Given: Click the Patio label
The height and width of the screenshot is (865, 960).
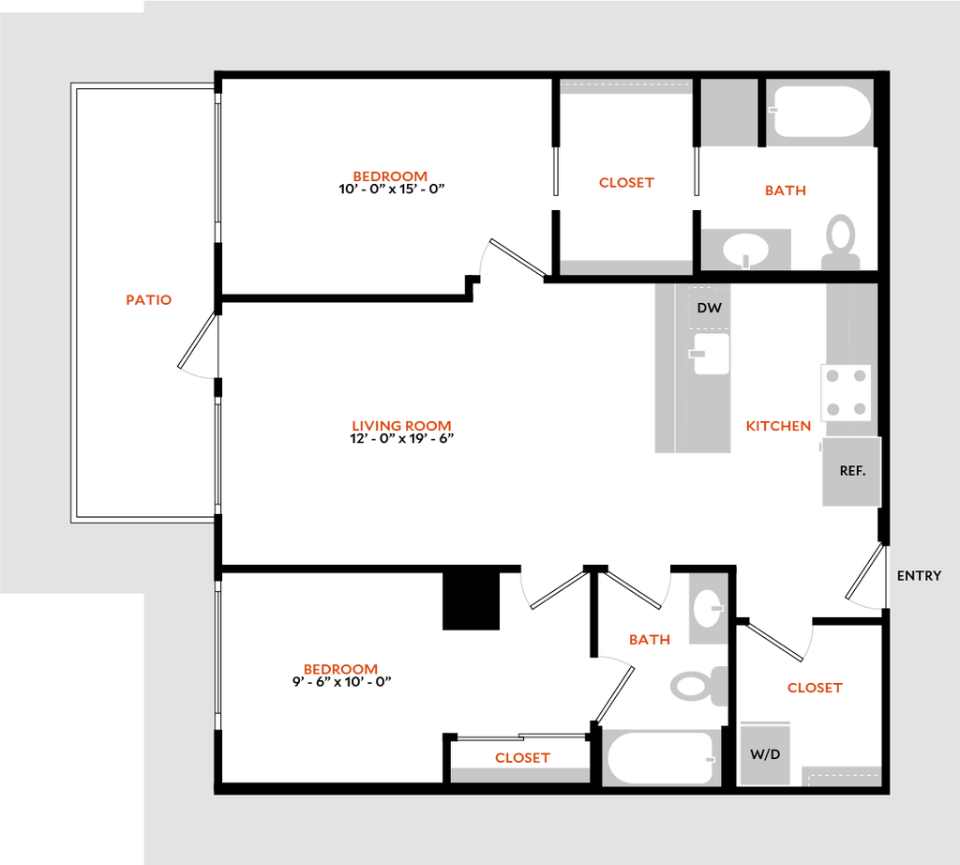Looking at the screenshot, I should tap(150, 300).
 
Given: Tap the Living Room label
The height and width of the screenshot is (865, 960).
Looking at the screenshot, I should tap(401, 426).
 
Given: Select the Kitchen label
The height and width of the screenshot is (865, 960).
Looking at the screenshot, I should tap(778, 426).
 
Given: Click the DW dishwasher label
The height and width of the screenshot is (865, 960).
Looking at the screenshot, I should tap(709, 308).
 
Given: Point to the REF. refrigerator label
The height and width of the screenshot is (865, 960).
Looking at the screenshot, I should tap(851, 471).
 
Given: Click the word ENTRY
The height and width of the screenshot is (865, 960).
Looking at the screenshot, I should tap(919, 576).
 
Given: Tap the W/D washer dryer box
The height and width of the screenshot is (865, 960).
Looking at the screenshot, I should tap(765, 752).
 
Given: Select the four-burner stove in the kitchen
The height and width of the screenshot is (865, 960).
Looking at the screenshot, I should tap(846, 392).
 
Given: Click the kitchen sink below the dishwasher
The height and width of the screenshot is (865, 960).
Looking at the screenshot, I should tap(711, 354).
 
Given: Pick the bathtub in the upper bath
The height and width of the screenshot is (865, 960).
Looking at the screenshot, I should tap(820, 113).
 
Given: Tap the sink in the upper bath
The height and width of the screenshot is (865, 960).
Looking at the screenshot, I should tap(746, 250).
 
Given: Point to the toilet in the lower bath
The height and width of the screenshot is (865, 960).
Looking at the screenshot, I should tap(698, 686).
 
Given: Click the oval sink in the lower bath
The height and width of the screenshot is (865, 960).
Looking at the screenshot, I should tap(708, 609).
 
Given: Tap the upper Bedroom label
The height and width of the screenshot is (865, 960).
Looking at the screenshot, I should tap(390, 176).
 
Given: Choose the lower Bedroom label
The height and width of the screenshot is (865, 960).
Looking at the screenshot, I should tap(340, 670).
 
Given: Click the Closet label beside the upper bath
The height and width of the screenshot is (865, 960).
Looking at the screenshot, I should tap(626, 183).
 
